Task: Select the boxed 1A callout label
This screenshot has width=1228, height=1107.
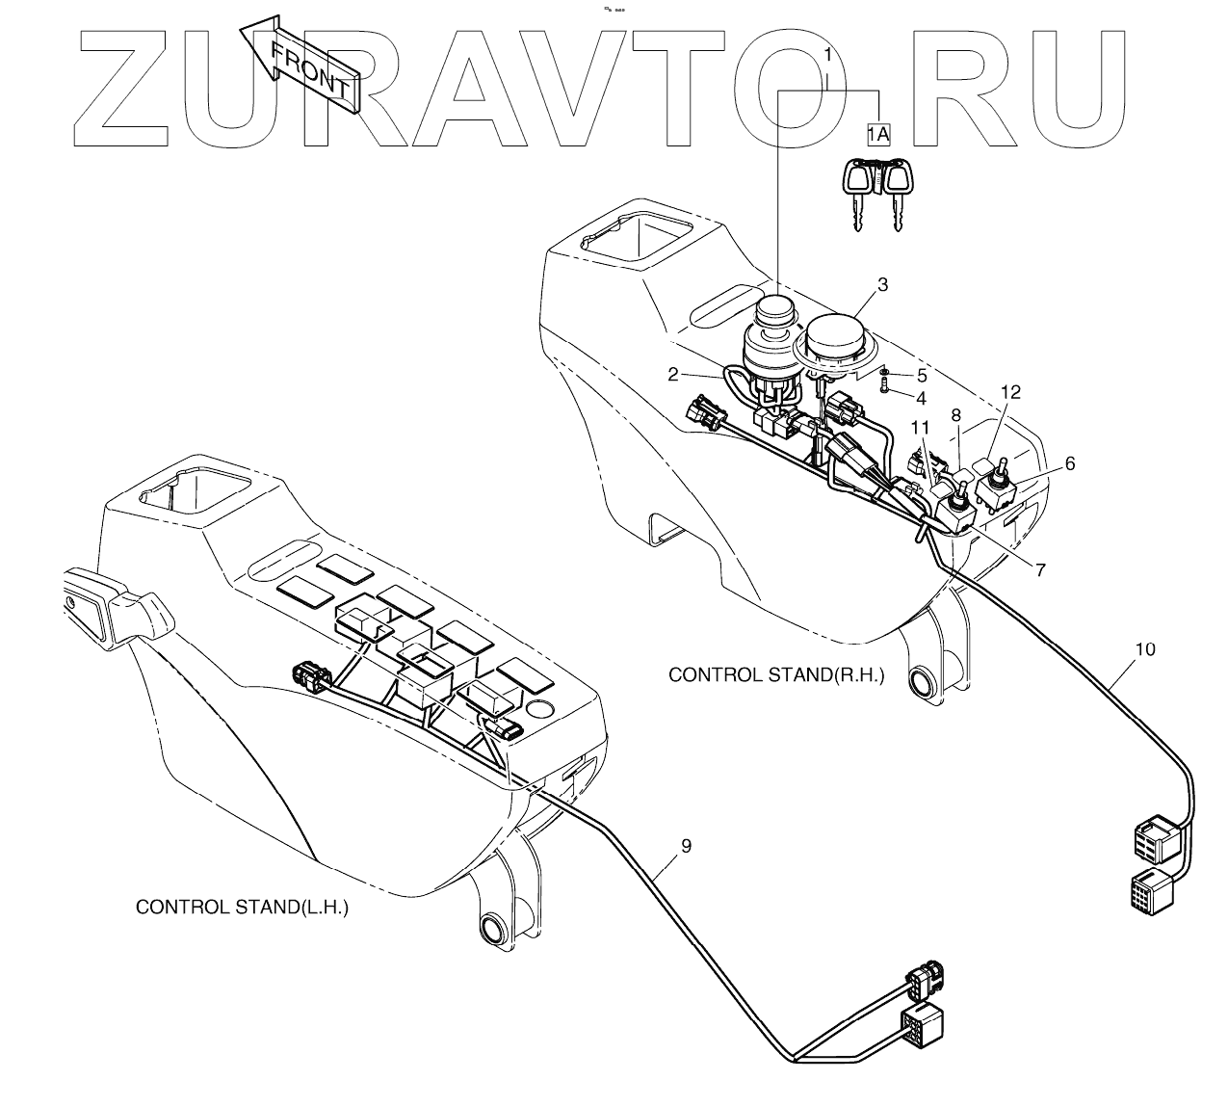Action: click(x=877, y=133)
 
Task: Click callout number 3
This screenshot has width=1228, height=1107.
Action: click(x=882, y=285)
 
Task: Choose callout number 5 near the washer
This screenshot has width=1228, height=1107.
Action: click(x=921, y=374)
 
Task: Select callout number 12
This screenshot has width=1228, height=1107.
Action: click(x=1009, y=392)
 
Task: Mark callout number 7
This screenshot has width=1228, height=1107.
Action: click(x=1040, y=569)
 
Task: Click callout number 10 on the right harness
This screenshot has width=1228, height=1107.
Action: click(x=1144, y=649)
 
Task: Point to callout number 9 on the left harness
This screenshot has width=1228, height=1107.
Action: click(x=686, y=846)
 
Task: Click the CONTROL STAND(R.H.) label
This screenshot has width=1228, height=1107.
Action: click(x=776, y=675)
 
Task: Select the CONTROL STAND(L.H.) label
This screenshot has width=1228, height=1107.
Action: click(x=242, y=907)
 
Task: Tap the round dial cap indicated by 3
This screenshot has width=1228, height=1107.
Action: click(x=836, y=336)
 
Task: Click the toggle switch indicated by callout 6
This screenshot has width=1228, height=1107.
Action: click(x=1000, y=482)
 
